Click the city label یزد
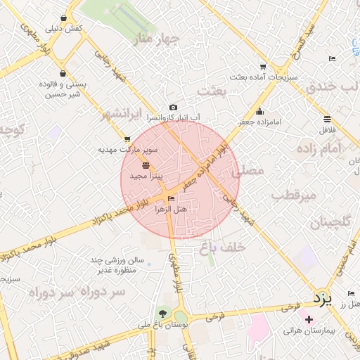(322, 300)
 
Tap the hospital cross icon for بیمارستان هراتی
(309, 320)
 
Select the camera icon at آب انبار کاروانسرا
(173, 107)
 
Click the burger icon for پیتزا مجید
(146, 165)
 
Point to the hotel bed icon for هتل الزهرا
(172, 199)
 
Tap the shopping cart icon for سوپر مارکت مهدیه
(127, 139)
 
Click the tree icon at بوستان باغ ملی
(164, 314)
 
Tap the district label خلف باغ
(222, 246)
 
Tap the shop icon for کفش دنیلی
(64, 19)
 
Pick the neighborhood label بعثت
(214, 91)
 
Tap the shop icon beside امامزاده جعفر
(260, 111)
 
